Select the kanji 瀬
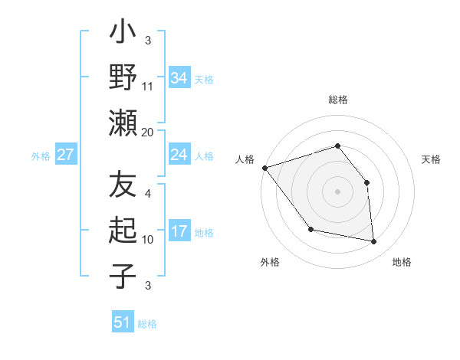click(x=123, y=123)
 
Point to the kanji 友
click(x=123, y=185)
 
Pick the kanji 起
click(x=123, y=230)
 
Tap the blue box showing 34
click(x=179, y=78)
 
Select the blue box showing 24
click(x=179, y=155)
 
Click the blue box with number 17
click(x=179, y=231)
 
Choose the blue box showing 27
click(x=65, y=155)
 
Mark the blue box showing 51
click(x=123, y=322)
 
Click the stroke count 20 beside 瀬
click(x=148, y=132)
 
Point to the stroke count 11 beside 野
click(x=148, y=86)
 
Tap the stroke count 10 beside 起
click(x=148, y=239)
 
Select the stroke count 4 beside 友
click(x=148, y=193)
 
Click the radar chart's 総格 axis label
click(x=337, y=100)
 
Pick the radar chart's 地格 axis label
click(x=402, y=262)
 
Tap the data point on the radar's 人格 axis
click(x=264, y=168)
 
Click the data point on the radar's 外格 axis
click(x=310, y=229)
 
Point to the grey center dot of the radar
click(x=337, y=191)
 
